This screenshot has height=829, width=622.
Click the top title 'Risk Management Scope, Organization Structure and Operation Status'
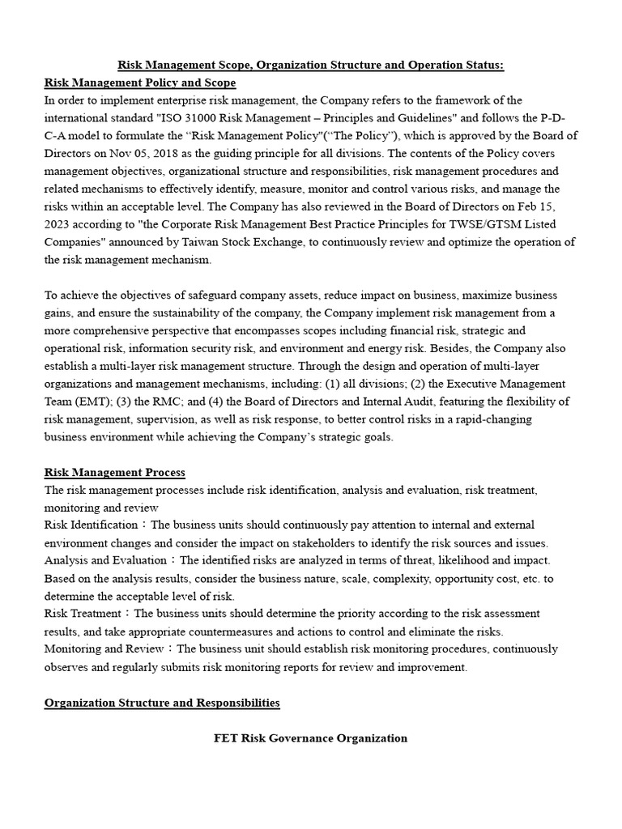tap(311, 66)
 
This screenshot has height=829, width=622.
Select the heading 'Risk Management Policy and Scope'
tap(140, 83)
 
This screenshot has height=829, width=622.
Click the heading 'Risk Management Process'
tap(114, 472)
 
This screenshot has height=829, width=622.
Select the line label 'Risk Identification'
tap(91, 525)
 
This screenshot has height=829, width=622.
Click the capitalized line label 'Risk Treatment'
tap(83, 614)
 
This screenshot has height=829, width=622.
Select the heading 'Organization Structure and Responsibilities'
tap(162, 703)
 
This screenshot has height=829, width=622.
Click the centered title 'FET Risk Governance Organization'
tap(310, 738)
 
